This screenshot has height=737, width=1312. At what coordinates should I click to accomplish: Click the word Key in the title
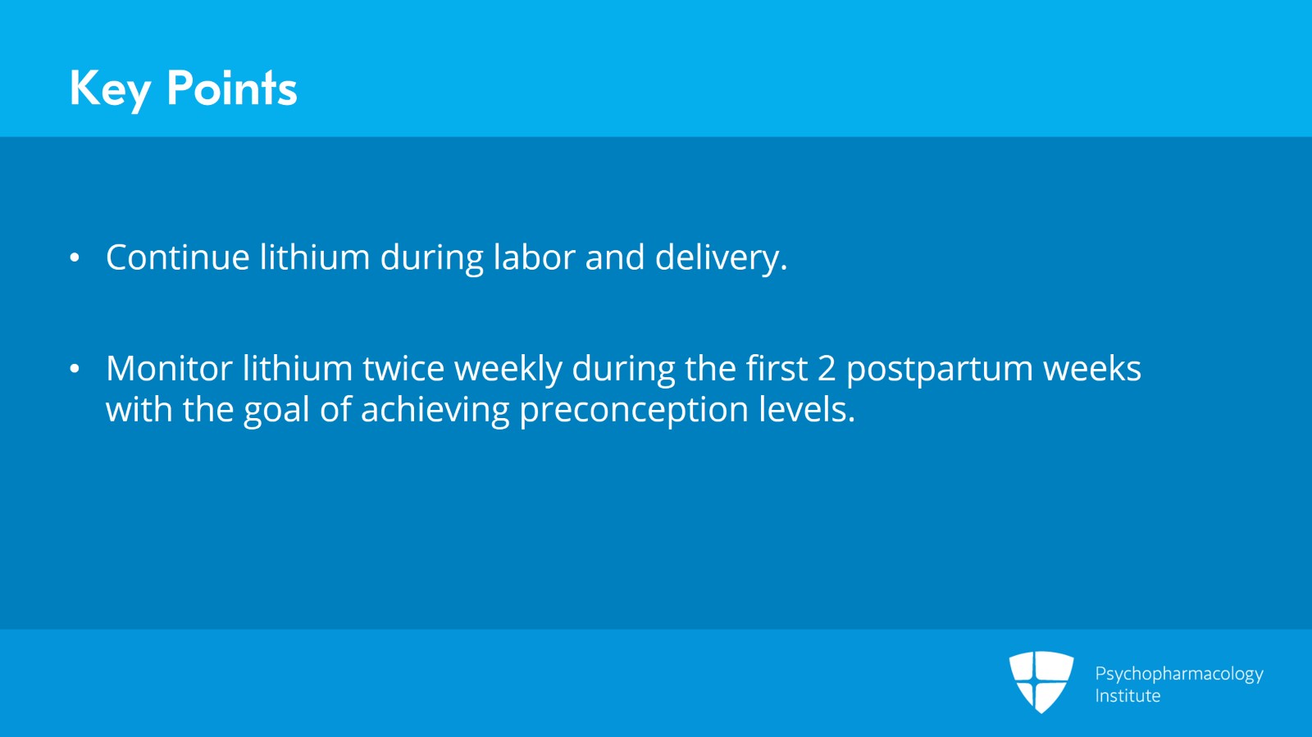coord(110,89)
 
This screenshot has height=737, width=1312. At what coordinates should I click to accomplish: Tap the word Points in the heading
coord(231,89)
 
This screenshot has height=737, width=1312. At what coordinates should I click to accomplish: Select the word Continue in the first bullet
coord(178,257)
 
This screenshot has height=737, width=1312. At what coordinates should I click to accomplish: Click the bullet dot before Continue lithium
coord(75,258)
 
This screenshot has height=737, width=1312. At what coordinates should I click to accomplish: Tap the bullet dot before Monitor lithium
coord(75,369)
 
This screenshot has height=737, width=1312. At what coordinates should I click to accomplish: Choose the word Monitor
coord(169,369)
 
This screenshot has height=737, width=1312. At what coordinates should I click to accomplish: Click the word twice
coord(403,369)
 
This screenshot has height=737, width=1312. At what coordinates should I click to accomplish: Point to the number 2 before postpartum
coord(827,369)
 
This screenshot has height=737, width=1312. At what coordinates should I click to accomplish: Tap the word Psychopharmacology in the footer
coord(1178,674)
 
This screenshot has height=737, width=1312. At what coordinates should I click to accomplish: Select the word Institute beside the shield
coord(1127,696)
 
